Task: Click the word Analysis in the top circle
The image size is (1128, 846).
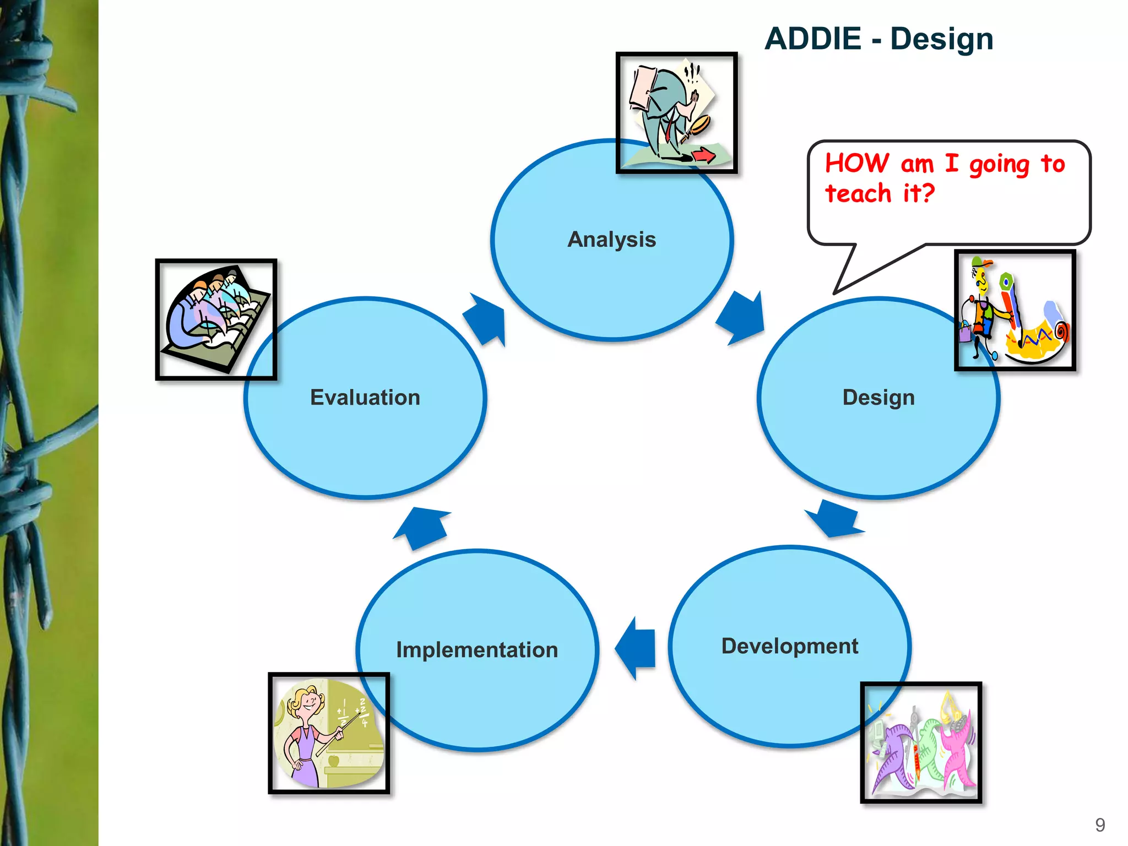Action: (x=611, y=240)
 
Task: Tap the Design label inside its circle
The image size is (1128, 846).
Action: (x=878, y=398)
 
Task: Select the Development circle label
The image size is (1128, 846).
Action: (x=789, y=646)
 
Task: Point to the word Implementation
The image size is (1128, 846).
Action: (x=477, y=650)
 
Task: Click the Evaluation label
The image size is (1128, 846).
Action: (x=365, y=398)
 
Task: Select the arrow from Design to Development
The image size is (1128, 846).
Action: (x=835, y=518)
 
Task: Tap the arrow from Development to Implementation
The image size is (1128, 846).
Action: (x=636, y=648)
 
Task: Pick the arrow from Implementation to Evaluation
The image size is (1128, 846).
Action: (x=423, y=527)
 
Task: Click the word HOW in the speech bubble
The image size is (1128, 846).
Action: (x=856, y=164)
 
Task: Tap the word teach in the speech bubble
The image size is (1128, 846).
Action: (x=858, y=194)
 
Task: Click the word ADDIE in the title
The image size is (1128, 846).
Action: (x=812, y=39)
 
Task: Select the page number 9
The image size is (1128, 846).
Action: (x=1100, y=825)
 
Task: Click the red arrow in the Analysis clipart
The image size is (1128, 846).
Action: (x=703, y=155)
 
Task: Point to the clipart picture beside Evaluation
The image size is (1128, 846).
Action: (x=216, y=319)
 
